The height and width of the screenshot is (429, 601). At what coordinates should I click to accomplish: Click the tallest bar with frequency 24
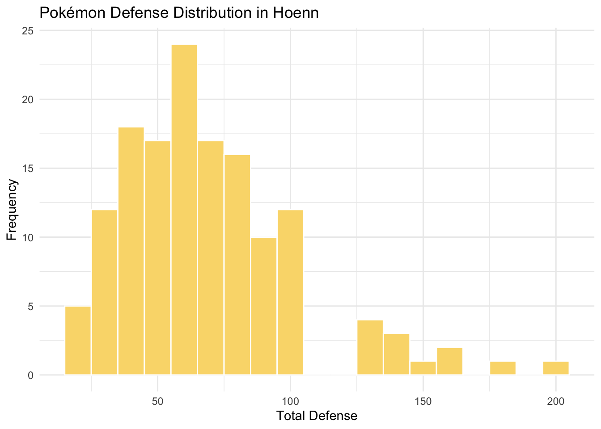[184, 210]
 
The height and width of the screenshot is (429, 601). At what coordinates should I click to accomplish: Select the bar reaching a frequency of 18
[131, 251]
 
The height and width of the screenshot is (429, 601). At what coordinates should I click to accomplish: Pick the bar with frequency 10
[264, 306]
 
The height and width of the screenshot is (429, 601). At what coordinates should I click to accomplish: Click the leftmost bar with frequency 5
[78, 341]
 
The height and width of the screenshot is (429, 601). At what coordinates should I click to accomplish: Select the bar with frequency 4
[370, 347]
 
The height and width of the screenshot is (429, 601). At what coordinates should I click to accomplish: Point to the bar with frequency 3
[396, 354]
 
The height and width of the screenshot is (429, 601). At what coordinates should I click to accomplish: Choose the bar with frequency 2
[449, 361]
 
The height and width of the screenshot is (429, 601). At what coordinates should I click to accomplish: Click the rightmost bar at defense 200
[556, 368]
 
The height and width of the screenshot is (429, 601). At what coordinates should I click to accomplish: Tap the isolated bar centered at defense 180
[503, 368]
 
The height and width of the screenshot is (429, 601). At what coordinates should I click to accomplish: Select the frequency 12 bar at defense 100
[290, 292]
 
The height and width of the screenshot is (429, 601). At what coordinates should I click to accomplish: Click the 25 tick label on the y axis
[28, 31]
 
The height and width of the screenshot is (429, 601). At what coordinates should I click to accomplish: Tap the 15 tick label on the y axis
[28, 168]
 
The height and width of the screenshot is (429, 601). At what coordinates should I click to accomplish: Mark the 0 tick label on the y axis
[31, 375]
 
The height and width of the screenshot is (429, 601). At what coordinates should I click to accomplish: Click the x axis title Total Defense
[317, 416]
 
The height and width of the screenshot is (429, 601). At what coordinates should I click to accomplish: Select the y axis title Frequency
[12, 210]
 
